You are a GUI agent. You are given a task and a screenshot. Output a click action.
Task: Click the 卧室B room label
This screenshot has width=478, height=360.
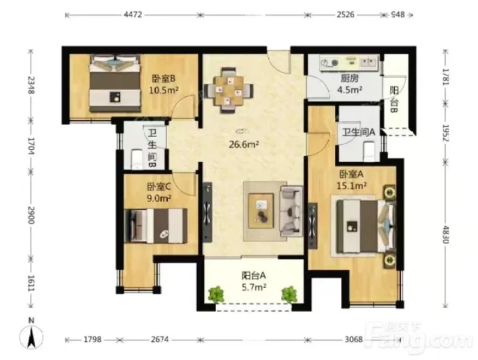click(164, 79)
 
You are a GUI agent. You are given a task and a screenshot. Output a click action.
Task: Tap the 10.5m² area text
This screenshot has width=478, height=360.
click(164, 90)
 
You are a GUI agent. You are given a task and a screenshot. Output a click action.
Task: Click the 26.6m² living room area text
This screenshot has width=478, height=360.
click(244, 144)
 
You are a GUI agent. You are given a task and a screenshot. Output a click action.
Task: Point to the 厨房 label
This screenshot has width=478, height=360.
click(350, 79)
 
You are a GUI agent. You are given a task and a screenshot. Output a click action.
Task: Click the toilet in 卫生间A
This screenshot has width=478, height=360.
click(369, 152)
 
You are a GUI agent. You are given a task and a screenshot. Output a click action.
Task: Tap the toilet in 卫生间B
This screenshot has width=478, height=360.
click(137, 159)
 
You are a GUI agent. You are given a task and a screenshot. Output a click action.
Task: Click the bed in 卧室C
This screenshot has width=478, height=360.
click(157, 226)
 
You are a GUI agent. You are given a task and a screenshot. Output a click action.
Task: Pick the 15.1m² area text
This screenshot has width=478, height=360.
click(351, 186)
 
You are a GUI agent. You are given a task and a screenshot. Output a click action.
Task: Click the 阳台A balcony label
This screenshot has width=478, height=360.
click(253, 276)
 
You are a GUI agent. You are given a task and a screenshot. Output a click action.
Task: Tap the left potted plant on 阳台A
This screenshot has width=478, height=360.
click(216, 294)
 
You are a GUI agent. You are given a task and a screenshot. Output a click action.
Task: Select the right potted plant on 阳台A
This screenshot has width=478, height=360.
click(289, 294)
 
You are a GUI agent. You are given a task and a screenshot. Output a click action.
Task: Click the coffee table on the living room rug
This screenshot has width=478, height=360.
click(261, 211)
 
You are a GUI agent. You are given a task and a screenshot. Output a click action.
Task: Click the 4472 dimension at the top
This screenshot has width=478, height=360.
click(133, 14)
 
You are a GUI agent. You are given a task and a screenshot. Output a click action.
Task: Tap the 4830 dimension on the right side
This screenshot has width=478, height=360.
click(446, 235)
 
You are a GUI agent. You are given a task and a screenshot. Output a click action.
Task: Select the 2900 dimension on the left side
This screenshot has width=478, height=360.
click(31, 216)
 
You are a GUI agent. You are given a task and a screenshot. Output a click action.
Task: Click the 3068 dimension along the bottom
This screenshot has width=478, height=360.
click(354, 339)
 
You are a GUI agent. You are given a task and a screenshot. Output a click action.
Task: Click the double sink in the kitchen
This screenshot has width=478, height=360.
click(369, 63)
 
